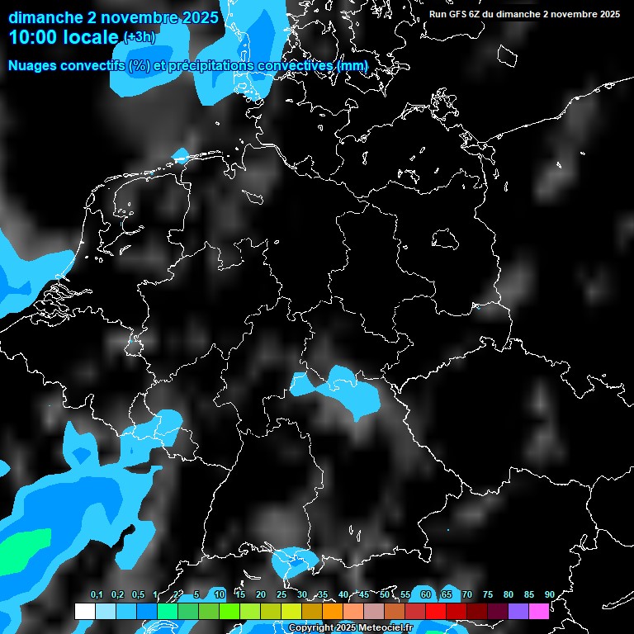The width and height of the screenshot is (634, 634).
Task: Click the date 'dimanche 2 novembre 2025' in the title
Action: (114, 17)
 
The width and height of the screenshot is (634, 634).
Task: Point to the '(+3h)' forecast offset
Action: (139, 37)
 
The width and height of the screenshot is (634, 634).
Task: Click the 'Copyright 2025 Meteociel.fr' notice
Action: (350, 628)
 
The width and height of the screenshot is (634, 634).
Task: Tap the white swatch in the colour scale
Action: (85, 611)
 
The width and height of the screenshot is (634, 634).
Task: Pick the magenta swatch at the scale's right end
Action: (539, 611)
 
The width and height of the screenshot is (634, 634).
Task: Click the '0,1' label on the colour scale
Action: (97, 595)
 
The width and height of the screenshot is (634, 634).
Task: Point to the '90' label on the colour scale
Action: (550, 595)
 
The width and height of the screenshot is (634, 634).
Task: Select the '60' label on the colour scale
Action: (426, 595)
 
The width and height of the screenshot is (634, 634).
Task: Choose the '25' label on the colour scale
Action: (282, 595)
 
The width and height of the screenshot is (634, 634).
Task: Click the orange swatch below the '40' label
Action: (333, 611)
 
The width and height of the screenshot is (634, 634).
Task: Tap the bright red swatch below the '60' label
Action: (436, 611)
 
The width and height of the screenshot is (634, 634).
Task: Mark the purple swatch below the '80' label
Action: (518, 611)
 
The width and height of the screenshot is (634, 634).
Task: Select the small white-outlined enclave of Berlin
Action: (446, 239)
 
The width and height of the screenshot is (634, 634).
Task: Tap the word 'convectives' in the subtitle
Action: (293, 65)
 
